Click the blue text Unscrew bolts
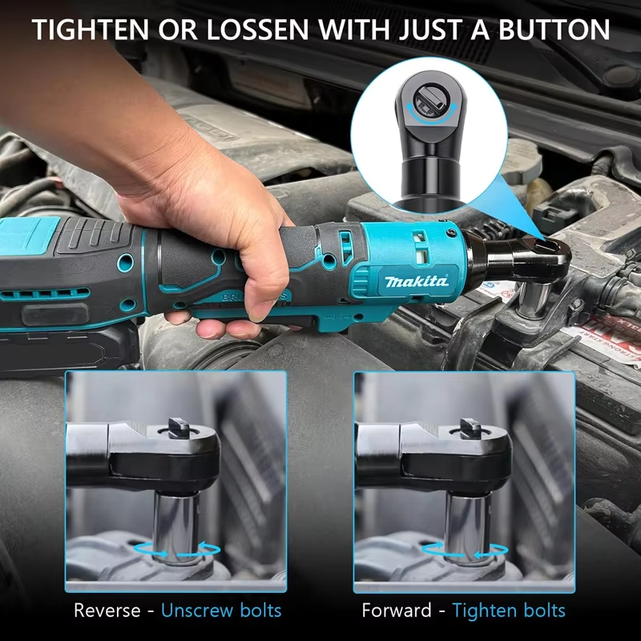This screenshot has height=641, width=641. click(221, 610)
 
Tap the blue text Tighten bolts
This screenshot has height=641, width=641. click(509, 610)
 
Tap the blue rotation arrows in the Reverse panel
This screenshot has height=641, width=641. click(178, 550)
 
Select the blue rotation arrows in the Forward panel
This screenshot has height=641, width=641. click(466, 550)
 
